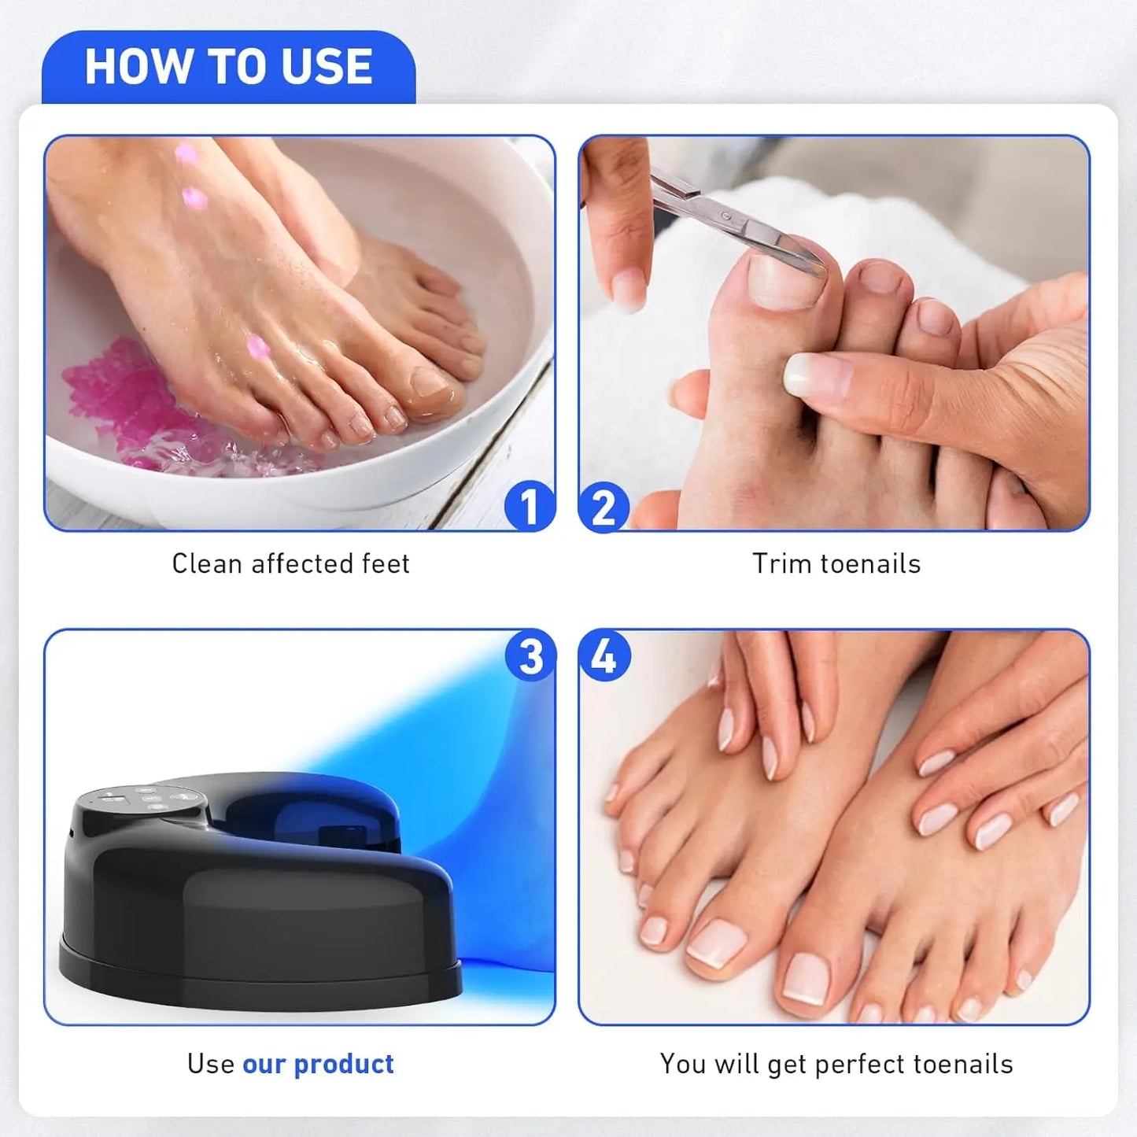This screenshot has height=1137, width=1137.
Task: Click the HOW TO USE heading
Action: tap(228, 66)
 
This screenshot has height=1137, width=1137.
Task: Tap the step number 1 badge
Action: tap(529, 506)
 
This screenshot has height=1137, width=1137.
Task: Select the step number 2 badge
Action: tap(604, 507)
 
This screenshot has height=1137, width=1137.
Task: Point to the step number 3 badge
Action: tap(530, 655)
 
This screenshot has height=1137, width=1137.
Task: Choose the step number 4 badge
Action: tap(604, 655)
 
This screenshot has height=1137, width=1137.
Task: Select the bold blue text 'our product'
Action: tap(318, 1064)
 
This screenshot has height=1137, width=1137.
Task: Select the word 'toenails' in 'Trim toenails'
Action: tap(870, 563)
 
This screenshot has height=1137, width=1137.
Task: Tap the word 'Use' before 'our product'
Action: tap(210, 1064)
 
